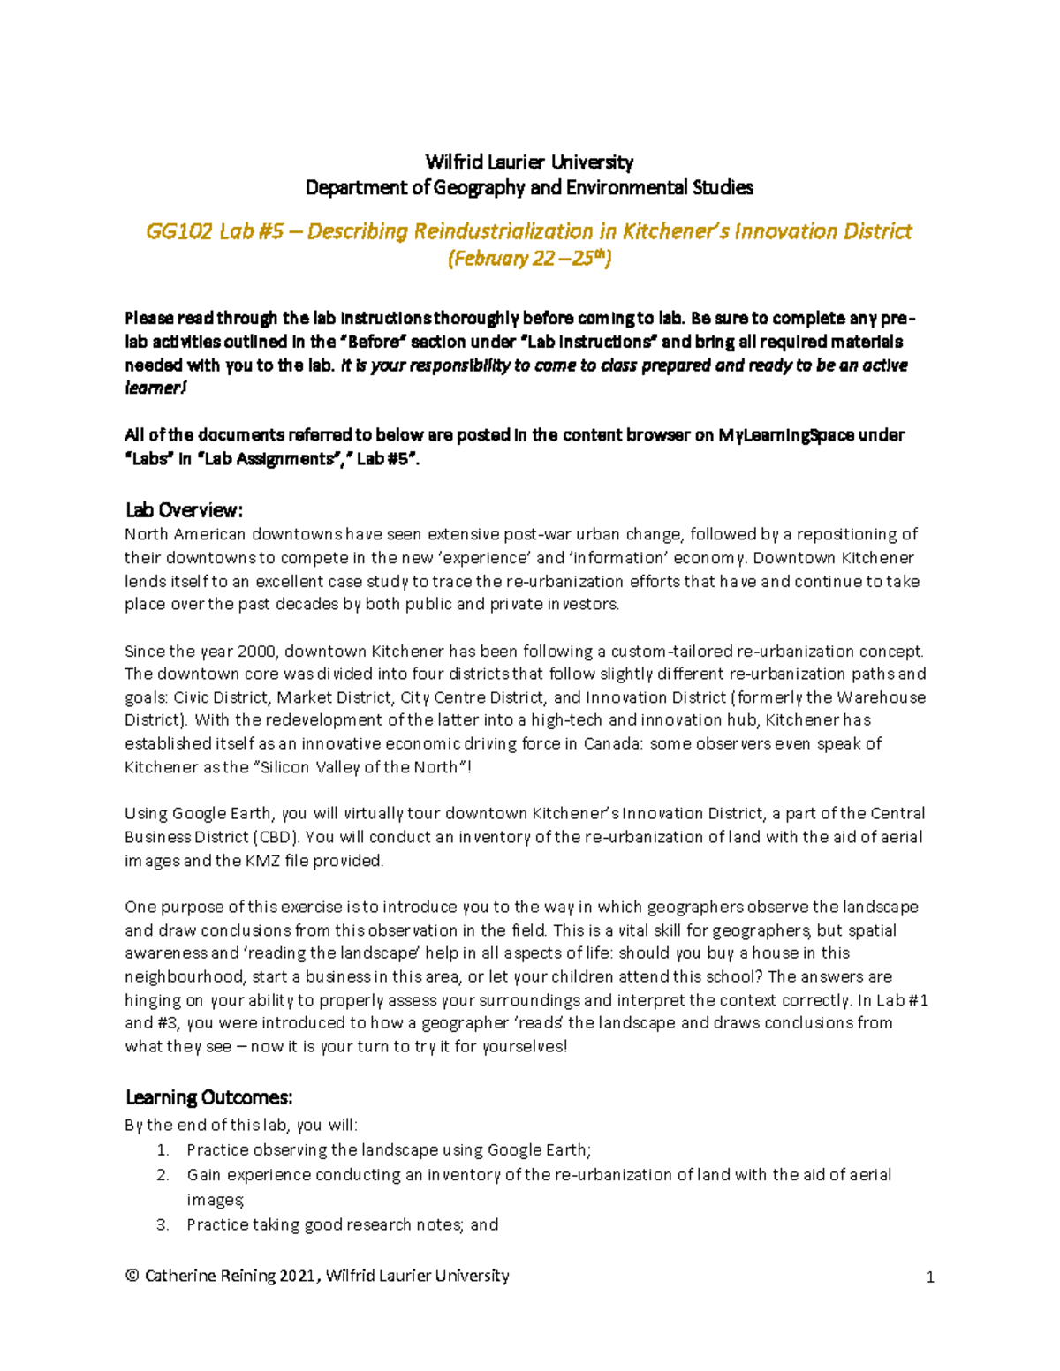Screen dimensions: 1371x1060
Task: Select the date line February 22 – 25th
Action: [x=529, y=259]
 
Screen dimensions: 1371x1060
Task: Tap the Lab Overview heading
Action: [x=184, y=510]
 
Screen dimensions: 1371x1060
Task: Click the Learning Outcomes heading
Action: [x=208, y=1097]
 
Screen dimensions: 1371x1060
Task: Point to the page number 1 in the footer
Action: [x=930, y=1277]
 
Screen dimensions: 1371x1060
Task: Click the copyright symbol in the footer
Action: [x=132, y=1276]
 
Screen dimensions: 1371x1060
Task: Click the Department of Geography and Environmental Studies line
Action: [x=529, y=187]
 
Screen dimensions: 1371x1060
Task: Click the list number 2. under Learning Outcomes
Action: [x=163, y=1175]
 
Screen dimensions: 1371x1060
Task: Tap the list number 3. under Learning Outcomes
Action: [x=163, y=1224]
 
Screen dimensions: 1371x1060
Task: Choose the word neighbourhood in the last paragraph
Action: [x=184, y=976]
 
